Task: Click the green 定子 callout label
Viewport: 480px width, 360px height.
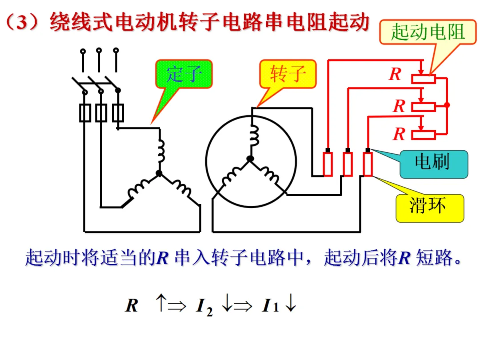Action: tap(184, 74)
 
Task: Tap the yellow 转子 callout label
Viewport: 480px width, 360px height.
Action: tap(288, 74)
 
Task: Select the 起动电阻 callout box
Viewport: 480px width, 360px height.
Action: tap(428, 32)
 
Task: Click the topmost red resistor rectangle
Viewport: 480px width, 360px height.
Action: tap(424, 79)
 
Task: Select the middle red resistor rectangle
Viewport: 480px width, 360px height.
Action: tap(424, 107)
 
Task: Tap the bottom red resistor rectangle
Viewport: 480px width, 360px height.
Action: tap(424, 135)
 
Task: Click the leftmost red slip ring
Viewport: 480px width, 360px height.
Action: tap(328, 164)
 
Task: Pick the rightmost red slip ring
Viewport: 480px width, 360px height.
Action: tap(368, 164)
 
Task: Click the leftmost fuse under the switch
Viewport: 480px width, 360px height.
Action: tap(85, 113)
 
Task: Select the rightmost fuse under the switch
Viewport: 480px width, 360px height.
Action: tap(118, 113)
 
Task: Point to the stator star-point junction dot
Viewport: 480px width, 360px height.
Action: tap(159, 174)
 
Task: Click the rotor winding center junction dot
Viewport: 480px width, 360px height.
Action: tap(250, 159)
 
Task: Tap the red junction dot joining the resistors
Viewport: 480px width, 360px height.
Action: tap(447, 105)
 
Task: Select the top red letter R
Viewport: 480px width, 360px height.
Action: tap(395, 74)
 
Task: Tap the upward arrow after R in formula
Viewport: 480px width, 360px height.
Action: tap(161, 303)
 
